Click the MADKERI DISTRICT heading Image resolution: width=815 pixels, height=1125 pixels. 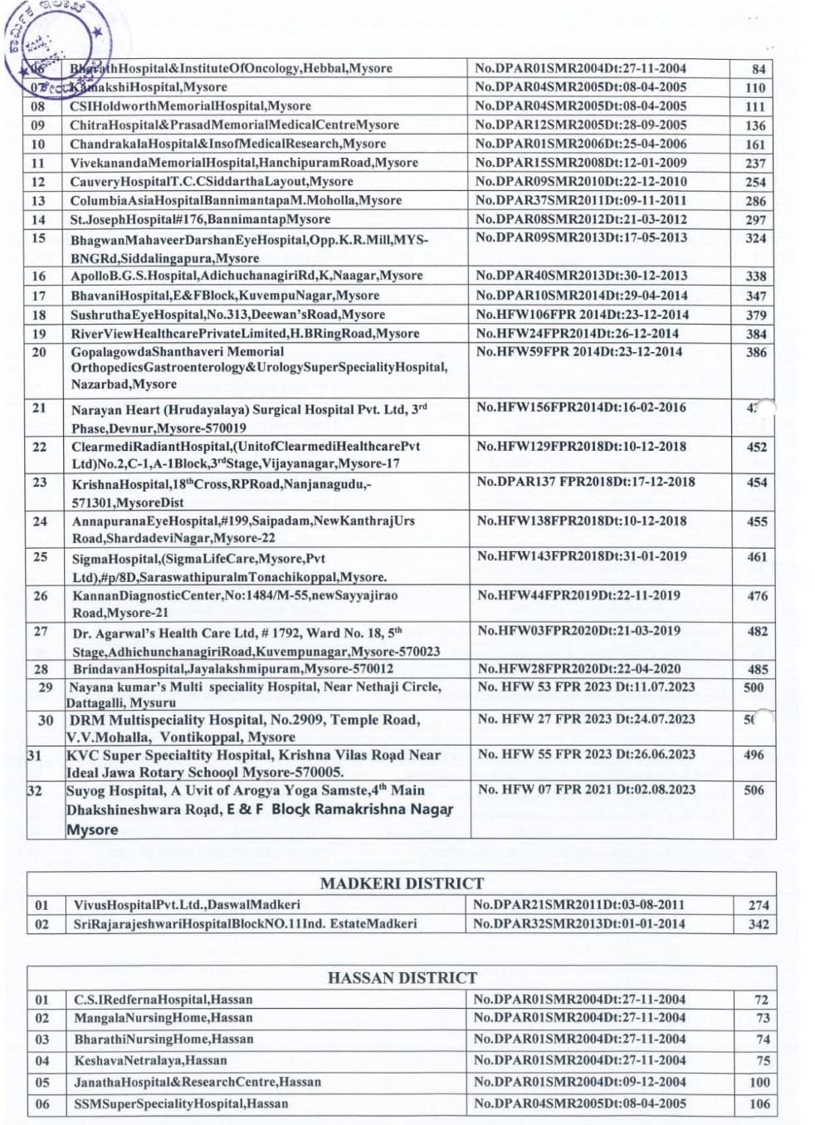[x=402, y=883]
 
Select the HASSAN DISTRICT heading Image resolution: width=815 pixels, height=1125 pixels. [x=402, y=977]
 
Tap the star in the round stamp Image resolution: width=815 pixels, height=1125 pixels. [x=98, y=32]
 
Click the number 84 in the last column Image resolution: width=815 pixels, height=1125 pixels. [x=758, y=69]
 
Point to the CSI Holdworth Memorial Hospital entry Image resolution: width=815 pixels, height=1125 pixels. [x=190, y=106]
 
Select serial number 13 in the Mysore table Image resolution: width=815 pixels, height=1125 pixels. [x=38, y=200]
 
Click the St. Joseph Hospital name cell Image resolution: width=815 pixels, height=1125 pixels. [x=200, y=219]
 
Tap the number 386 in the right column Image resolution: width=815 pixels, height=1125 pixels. [x=756, y=352]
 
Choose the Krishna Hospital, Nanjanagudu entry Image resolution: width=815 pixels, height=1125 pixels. [x=222, y=492]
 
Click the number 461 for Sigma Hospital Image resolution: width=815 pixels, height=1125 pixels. [x=756, y=557]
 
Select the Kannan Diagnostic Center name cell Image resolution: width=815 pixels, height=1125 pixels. [x=235, y=604]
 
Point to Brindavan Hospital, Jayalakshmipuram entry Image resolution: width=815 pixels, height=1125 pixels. [x=233, y=668]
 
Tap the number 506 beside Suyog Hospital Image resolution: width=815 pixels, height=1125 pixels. [x=754, y=790]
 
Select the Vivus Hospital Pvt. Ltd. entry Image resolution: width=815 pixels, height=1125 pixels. [x=187, y=905]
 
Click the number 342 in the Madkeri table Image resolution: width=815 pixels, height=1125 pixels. [x=758, y=924]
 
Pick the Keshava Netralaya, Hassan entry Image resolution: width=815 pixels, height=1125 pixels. [x=150, y=1060]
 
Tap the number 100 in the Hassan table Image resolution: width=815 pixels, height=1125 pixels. [x=759, y=1083]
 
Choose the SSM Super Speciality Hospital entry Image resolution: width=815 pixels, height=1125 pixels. [x=181, y=1103]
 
